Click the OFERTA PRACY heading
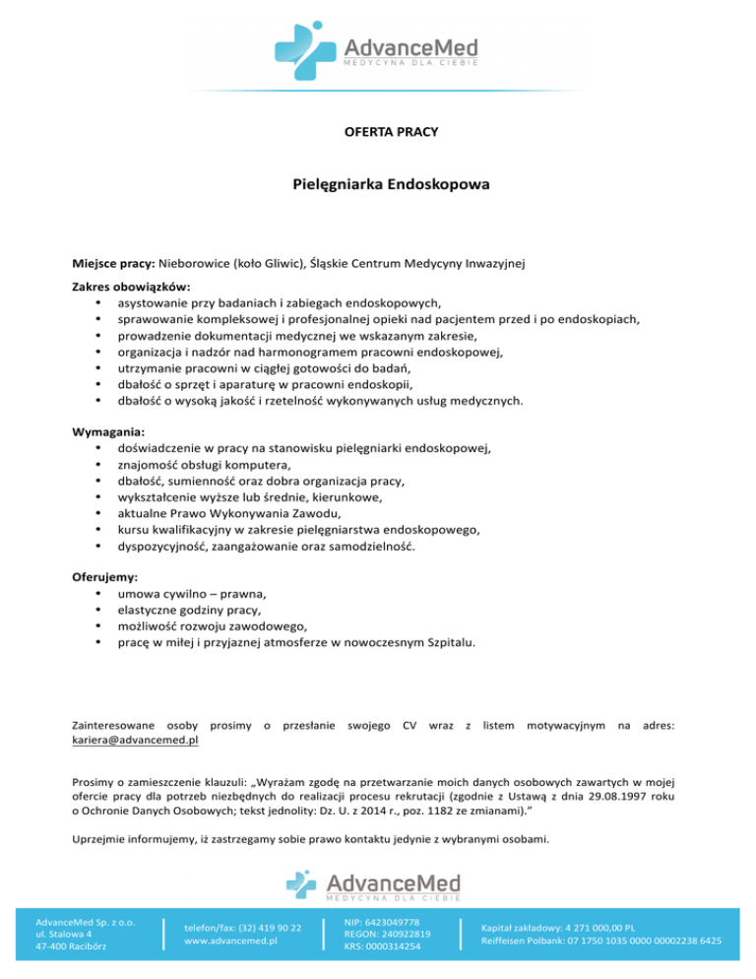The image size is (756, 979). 378,130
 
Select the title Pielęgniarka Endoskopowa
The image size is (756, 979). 378,184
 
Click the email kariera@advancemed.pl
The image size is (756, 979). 136,738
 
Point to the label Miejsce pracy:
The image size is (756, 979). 114,263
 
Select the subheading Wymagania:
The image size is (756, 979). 108,431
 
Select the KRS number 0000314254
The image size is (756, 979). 393,947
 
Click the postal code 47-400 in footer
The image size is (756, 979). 50,947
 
